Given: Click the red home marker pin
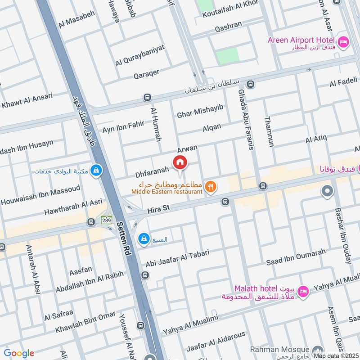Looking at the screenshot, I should pos(180,162).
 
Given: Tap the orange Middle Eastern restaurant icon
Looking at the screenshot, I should pos(210,186).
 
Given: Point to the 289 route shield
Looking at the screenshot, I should pos(106,220).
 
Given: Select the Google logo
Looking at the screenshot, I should pos(18,353).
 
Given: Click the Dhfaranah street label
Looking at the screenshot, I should pos(152,172).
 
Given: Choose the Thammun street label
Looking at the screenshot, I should pos(269,131).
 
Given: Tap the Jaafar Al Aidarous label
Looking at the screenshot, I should pos(215,340).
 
